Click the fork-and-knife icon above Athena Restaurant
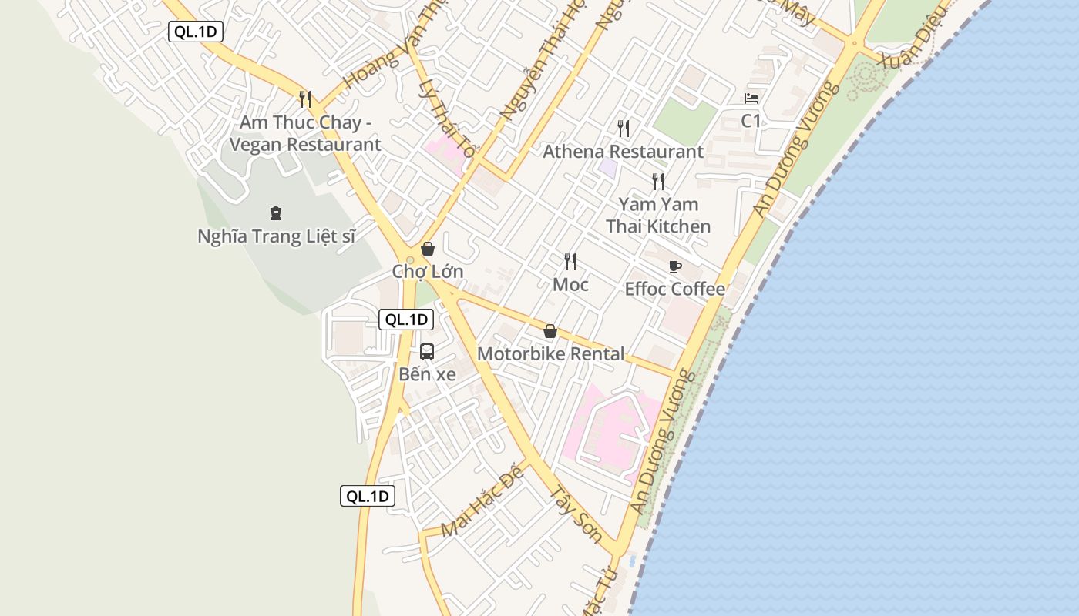[624, 128]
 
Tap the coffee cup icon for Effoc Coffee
[675, 266]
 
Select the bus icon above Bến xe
[427, 352]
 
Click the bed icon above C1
[751, 99]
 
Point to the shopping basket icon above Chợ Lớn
[428, 249]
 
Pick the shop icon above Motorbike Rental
[550, 331]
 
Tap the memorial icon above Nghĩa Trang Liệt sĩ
[276, 213]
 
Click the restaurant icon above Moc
[570, 262]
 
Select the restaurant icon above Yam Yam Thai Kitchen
[658, 182]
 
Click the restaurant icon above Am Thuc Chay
[305, 99]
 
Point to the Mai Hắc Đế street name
[482, 500]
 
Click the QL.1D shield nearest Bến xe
[406, 320]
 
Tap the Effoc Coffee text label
[675, 289]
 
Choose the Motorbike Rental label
[551, 353]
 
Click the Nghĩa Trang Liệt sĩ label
[276, 236]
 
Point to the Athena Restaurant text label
[623, 152]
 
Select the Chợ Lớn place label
[428, 271]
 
